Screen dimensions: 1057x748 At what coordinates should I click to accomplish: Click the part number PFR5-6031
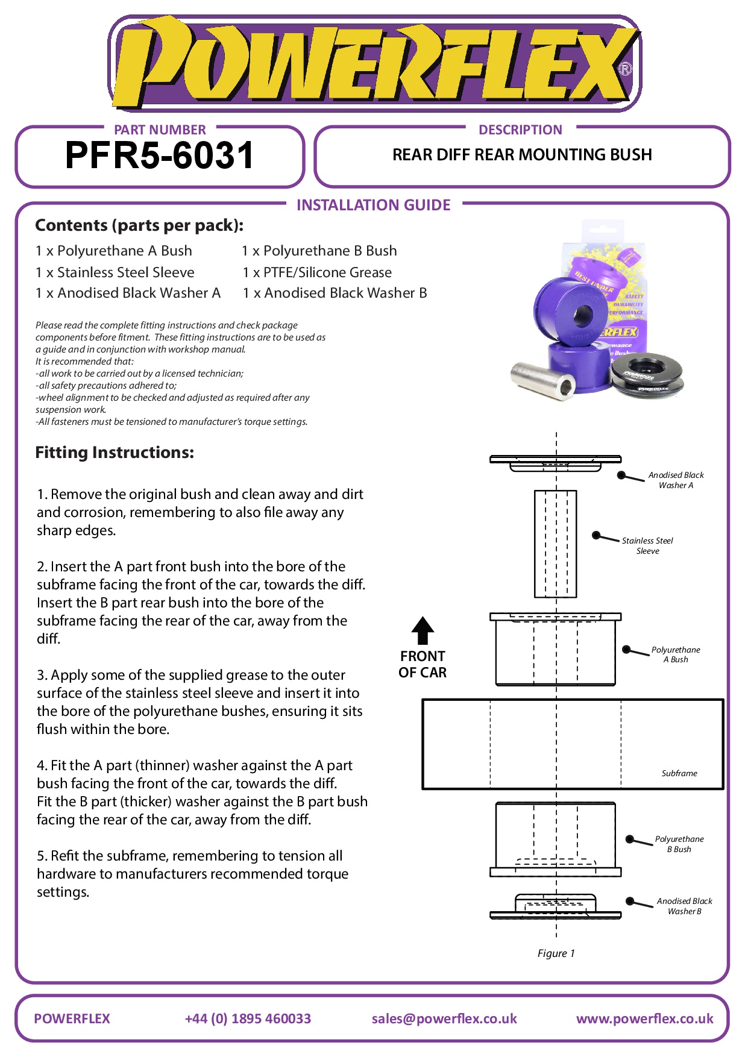click(x=160, y=156)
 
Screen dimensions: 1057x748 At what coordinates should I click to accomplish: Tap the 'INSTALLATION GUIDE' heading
click(x=373, y=205)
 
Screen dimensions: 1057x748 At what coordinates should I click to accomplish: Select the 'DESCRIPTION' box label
click(x=520, y=130)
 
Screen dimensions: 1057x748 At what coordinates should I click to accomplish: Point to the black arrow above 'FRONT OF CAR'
click(x=423, y=630)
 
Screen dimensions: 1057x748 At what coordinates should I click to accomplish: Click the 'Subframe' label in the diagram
click(x=679, y=773)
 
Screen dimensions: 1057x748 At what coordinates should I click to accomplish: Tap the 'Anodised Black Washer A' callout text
click(x=676, y=480)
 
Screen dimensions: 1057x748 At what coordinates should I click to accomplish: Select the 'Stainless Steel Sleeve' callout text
click(x=647, y=546)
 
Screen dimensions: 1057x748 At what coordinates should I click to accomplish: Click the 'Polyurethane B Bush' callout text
click(x=679, y=844)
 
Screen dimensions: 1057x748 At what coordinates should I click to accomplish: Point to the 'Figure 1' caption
click(x=556, y=953)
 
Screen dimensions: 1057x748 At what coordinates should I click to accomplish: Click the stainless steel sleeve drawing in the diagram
click(x=555, y=544)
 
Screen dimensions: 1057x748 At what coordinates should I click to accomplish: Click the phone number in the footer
click(x=248, y=1018)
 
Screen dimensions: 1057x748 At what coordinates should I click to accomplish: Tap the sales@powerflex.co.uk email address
click(x=444, y=1018)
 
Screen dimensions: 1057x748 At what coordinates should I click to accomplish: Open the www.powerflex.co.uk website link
click(x=644, y=1018)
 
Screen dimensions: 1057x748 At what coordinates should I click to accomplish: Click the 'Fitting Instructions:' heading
click(x=115, y=453)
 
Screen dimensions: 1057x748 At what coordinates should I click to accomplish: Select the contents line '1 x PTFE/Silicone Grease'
click(x=317, y=272)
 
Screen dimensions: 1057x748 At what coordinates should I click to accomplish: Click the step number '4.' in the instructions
click(x=42, y=766)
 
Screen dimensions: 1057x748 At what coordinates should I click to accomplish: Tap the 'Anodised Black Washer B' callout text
click(x=684, y=906)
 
